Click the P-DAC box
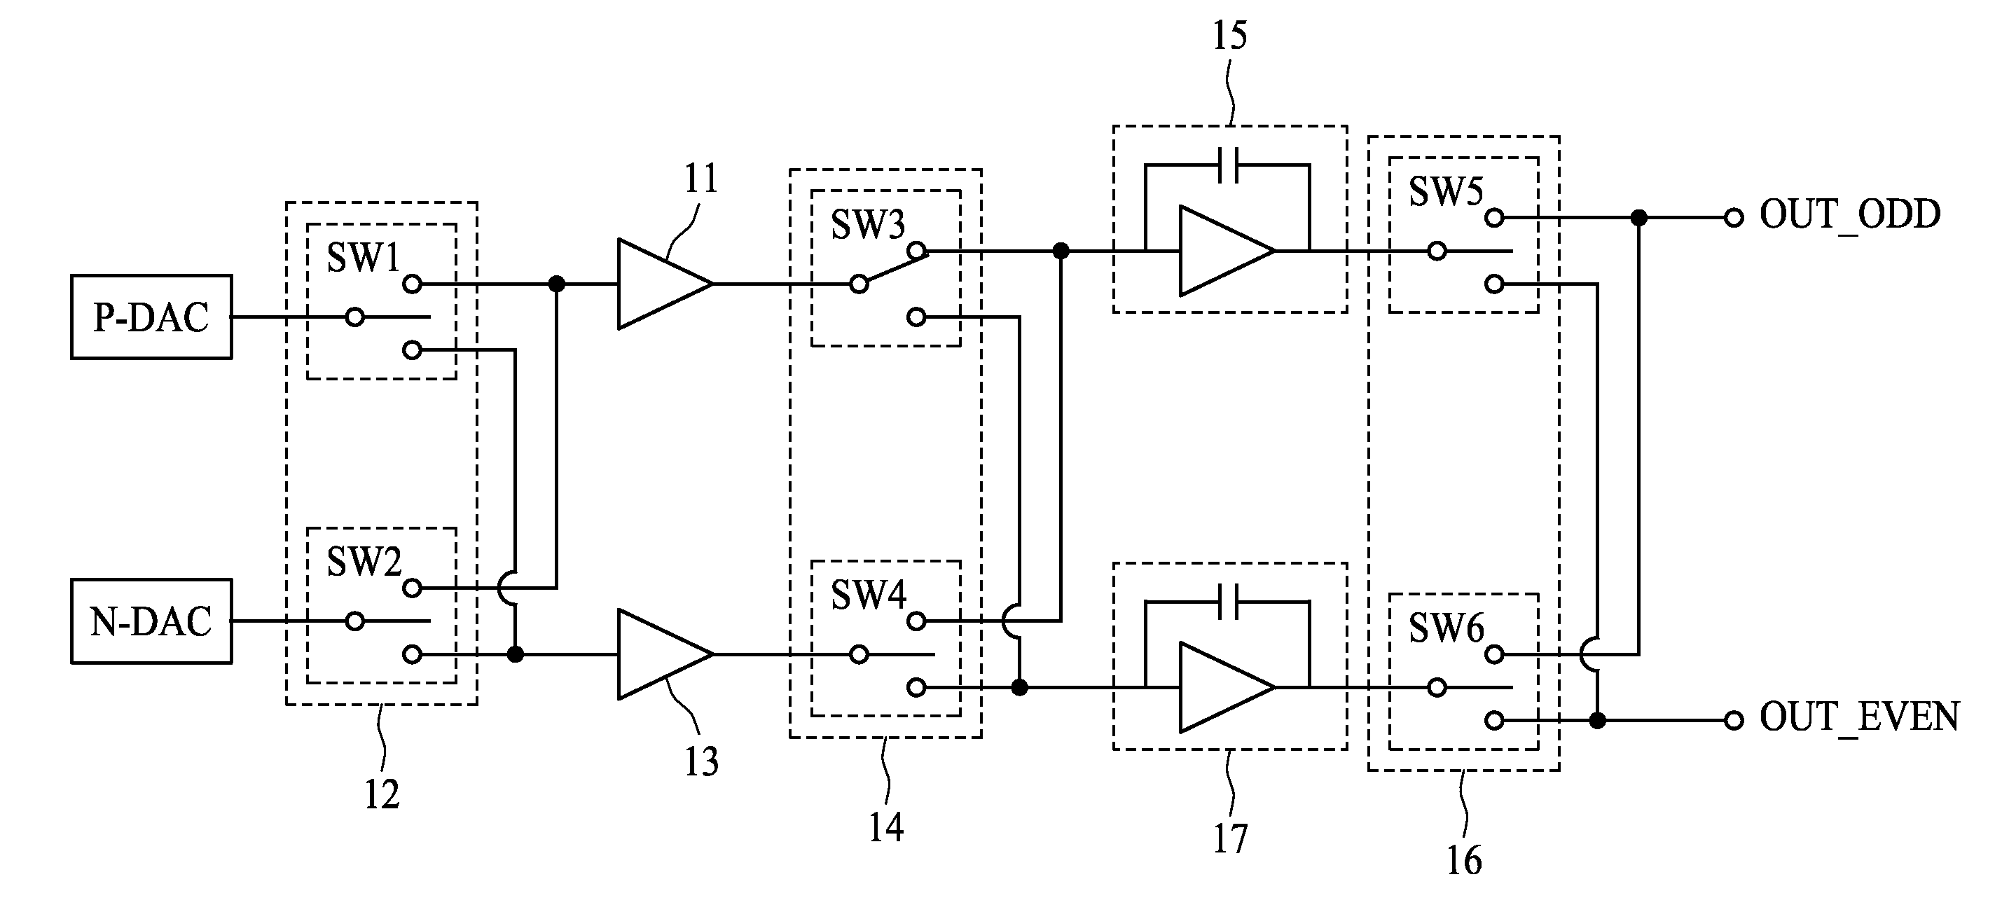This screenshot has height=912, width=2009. [x=151, y=317]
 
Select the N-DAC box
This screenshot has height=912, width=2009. [x=151, y=621]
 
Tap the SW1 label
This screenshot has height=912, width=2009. [x=364, y=258]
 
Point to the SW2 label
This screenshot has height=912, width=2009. [x=364, y=562]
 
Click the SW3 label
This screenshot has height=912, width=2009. [x=868, y=225]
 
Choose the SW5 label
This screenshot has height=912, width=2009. [x=1446, y=191]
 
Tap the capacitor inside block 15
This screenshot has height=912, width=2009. [x=1227, y=165]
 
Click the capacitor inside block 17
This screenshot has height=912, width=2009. [x=1227, y=602]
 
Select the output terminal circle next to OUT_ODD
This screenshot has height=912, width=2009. [x=1734, y=218]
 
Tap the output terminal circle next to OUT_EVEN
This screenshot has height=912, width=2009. [x=1734, y=720]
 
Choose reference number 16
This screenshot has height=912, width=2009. [x=1464, y=860]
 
